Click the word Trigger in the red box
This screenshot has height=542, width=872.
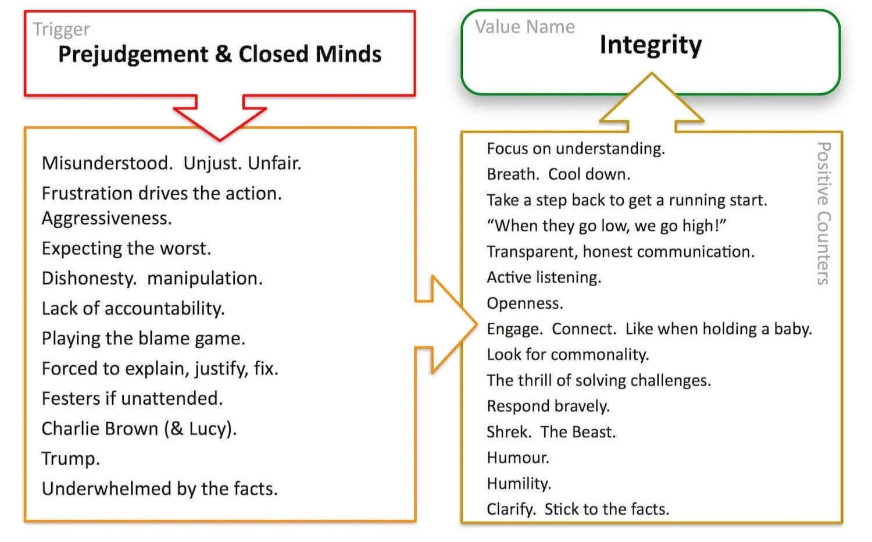pos(61,29)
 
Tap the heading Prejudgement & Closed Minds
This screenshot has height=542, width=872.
pos(220,54)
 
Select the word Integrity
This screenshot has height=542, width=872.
pos(651,45)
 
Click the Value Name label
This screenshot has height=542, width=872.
pos(524,27)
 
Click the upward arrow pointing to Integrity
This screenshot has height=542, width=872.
pos(652,102)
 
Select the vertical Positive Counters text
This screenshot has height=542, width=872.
pos(823,213)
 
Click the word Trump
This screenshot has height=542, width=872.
pos(70,458)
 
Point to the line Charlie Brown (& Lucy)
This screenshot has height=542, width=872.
pos(139,429)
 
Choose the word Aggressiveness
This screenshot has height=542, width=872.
pos(106,218)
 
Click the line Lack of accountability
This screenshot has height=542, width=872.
pos(133,308)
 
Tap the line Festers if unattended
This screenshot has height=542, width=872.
pos(132,398)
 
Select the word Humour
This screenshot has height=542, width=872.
pos(517,458)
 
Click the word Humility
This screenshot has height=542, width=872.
pos(519,483)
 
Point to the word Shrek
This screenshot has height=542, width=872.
pos(509,432)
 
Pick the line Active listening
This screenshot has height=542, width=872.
pos(544,277)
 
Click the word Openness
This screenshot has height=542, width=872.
pos(524,303)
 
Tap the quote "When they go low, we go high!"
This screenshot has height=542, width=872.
pos(606,226)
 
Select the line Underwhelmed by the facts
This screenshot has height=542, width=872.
pos(159,488)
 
